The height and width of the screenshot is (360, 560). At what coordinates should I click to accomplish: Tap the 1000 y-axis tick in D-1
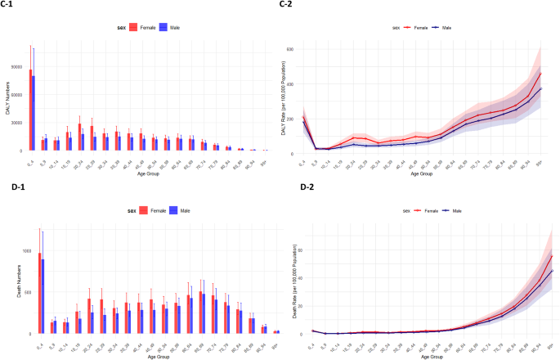click(19, 251)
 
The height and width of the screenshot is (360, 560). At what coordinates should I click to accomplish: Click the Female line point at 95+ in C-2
click(540, 74)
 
